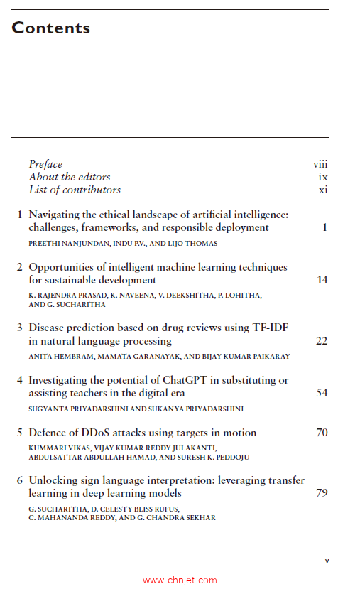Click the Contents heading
[51, 28]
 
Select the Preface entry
[45, 164]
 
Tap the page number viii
[320, 164]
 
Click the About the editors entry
[70, 177]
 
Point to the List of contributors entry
[75, 190]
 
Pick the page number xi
[323, 190]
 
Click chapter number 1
[20, 215]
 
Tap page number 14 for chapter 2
[322, 280]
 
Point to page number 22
[322, 341]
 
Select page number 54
[322, 393]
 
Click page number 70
[322, 433]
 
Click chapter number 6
[20, 480]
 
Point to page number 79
[322, 493]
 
